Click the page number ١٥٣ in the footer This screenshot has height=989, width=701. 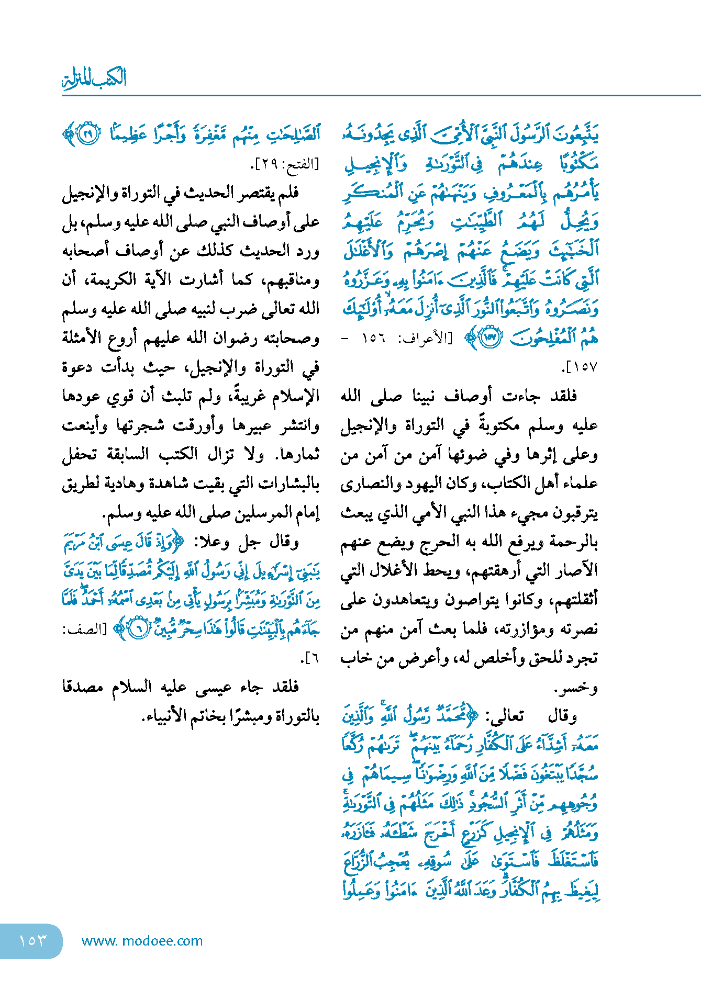click(32, 940)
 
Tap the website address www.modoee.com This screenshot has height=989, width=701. click(142, 940)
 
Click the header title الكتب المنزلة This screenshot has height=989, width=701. click(94, 79)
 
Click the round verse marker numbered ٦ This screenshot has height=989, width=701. click(139, 628)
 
